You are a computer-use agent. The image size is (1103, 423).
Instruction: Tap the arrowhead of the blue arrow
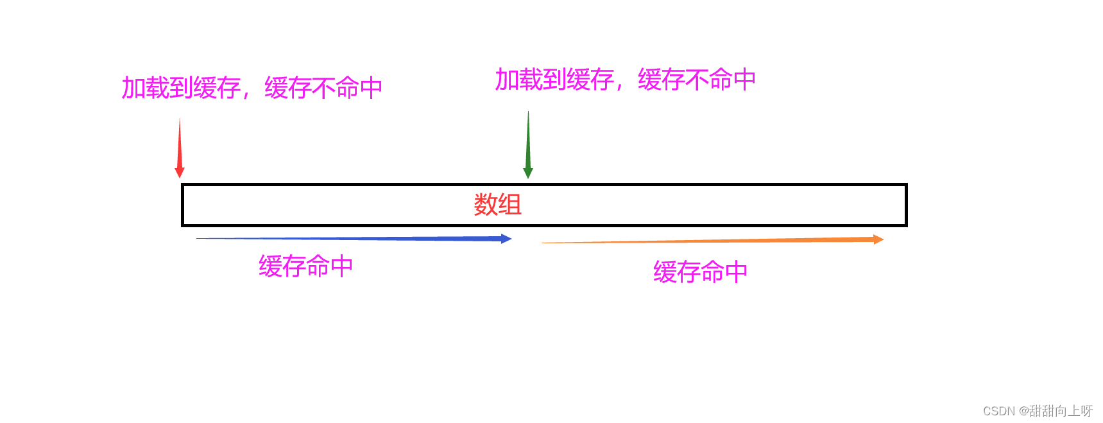506,239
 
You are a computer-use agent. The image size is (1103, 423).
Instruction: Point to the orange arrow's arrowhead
878,239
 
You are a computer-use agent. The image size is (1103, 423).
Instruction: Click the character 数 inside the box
486,205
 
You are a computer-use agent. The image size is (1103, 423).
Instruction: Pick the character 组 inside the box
509,205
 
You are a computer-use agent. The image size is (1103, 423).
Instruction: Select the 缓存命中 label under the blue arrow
305,266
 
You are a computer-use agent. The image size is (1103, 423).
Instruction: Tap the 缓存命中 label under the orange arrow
700,272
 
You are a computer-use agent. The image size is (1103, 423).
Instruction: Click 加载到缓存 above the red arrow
181,88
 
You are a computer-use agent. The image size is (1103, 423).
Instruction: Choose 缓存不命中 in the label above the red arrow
323,88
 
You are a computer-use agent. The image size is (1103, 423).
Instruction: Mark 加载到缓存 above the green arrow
554,80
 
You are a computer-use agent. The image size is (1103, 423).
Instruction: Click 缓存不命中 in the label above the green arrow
696,80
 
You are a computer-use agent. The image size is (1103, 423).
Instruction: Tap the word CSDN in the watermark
998,411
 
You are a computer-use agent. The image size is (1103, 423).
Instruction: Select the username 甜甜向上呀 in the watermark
1061,411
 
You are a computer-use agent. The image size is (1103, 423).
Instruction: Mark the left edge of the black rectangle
183,205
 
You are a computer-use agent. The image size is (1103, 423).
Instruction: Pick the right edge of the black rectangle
905,205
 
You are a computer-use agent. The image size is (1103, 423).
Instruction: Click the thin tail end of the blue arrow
199,238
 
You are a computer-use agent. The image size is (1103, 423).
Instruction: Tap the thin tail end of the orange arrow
545,243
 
